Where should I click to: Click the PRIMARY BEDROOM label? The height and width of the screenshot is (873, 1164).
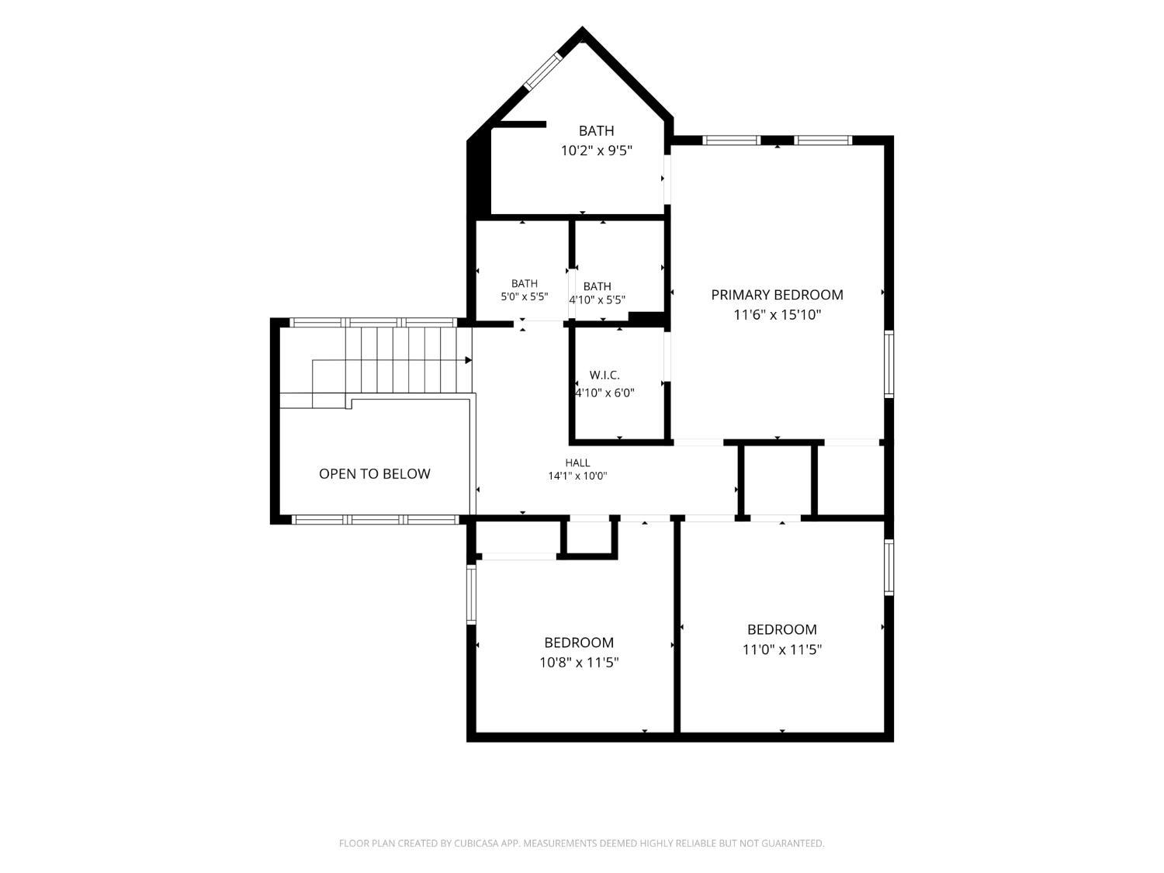(x=777, y=295)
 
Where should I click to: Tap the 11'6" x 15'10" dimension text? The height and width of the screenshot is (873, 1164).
(x=777, y=315)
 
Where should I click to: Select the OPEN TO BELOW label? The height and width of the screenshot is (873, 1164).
(x=374, y=474)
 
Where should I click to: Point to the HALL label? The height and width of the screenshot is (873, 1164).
(x=577, y=462)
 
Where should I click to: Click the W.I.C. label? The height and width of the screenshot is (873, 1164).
(x=605, y=376)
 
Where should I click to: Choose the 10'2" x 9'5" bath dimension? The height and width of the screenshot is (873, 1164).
(x=597, y=151)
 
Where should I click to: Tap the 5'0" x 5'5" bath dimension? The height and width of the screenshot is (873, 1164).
(x=525, y=297)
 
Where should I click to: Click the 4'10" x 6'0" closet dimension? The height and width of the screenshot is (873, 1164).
(x=605, y=393)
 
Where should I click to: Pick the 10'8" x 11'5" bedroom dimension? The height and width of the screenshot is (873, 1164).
(x=579, y=663)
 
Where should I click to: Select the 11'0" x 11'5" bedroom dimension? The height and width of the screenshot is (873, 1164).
(x=781, y=650)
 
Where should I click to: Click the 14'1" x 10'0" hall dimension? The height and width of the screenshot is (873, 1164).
(x=577, y=476)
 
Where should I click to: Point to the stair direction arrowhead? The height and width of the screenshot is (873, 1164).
(x=468, y=360)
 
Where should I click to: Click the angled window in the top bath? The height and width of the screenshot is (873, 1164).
(x=543, y=71)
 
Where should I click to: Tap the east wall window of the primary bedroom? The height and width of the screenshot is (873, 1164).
(x=889, y=364)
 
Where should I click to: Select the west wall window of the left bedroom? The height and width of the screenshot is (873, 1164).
(x=471, y=594)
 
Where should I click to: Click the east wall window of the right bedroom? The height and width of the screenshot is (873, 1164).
(x=889, y=567)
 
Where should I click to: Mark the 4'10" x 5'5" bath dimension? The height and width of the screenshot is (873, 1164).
(x=597, y=300)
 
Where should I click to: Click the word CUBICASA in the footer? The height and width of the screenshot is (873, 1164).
(x=476, y=844)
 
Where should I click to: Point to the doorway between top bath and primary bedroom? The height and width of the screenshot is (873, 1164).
(x=667, y=179)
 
